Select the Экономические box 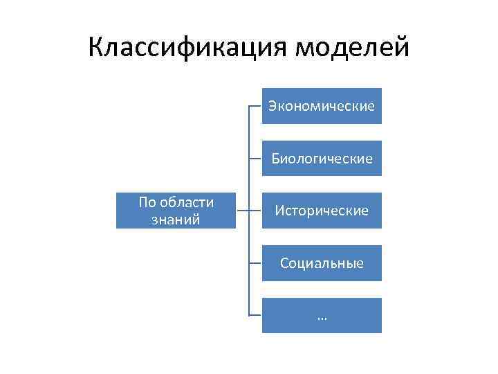coord(322,106)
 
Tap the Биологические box coord(322,159)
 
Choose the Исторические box coord(322,211)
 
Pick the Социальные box coord(322,263)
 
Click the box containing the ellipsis coord(322,316)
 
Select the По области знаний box coord(176,211)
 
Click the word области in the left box coord(186,202)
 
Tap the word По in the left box coord(147,202)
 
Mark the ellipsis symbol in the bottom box coord(322,317)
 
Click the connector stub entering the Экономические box coord(255,106)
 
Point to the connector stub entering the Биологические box coord(255,159)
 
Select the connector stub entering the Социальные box coord(255,263)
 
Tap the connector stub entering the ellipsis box coord(255,316)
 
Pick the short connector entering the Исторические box coord(255,211)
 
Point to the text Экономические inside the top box coord(322,106)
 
